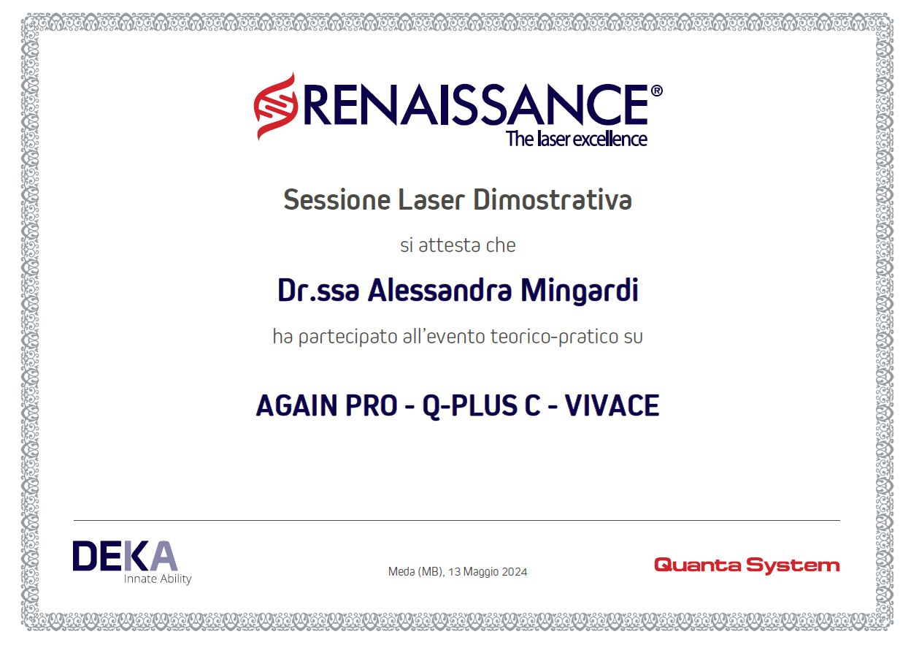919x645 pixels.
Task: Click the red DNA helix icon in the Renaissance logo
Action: [276, 106]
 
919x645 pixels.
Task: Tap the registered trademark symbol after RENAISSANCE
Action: [656, 91]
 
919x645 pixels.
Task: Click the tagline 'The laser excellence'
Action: [577, 139]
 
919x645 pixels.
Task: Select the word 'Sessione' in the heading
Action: [337, 199]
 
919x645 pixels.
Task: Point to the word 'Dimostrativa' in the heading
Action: [553, 199]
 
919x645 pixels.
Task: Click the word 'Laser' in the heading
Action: [431, 199]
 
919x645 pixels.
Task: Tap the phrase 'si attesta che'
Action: [458, 245]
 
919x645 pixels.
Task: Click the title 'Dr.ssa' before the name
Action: [318, 290]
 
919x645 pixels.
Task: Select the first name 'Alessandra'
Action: [439, 290]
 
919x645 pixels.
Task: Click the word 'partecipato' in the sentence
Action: [348, 337]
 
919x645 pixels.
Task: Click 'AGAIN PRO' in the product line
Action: [327, 405]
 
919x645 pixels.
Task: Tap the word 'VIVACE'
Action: [612, 405]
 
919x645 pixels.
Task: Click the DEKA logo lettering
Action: [125, 556]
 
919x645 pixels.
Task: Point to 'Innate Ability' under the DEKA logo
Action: [158, 579]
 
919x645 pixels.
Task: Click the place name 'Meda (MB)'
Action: [416, 572]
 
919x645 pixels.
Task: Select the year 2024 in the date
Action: [513, 572]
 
